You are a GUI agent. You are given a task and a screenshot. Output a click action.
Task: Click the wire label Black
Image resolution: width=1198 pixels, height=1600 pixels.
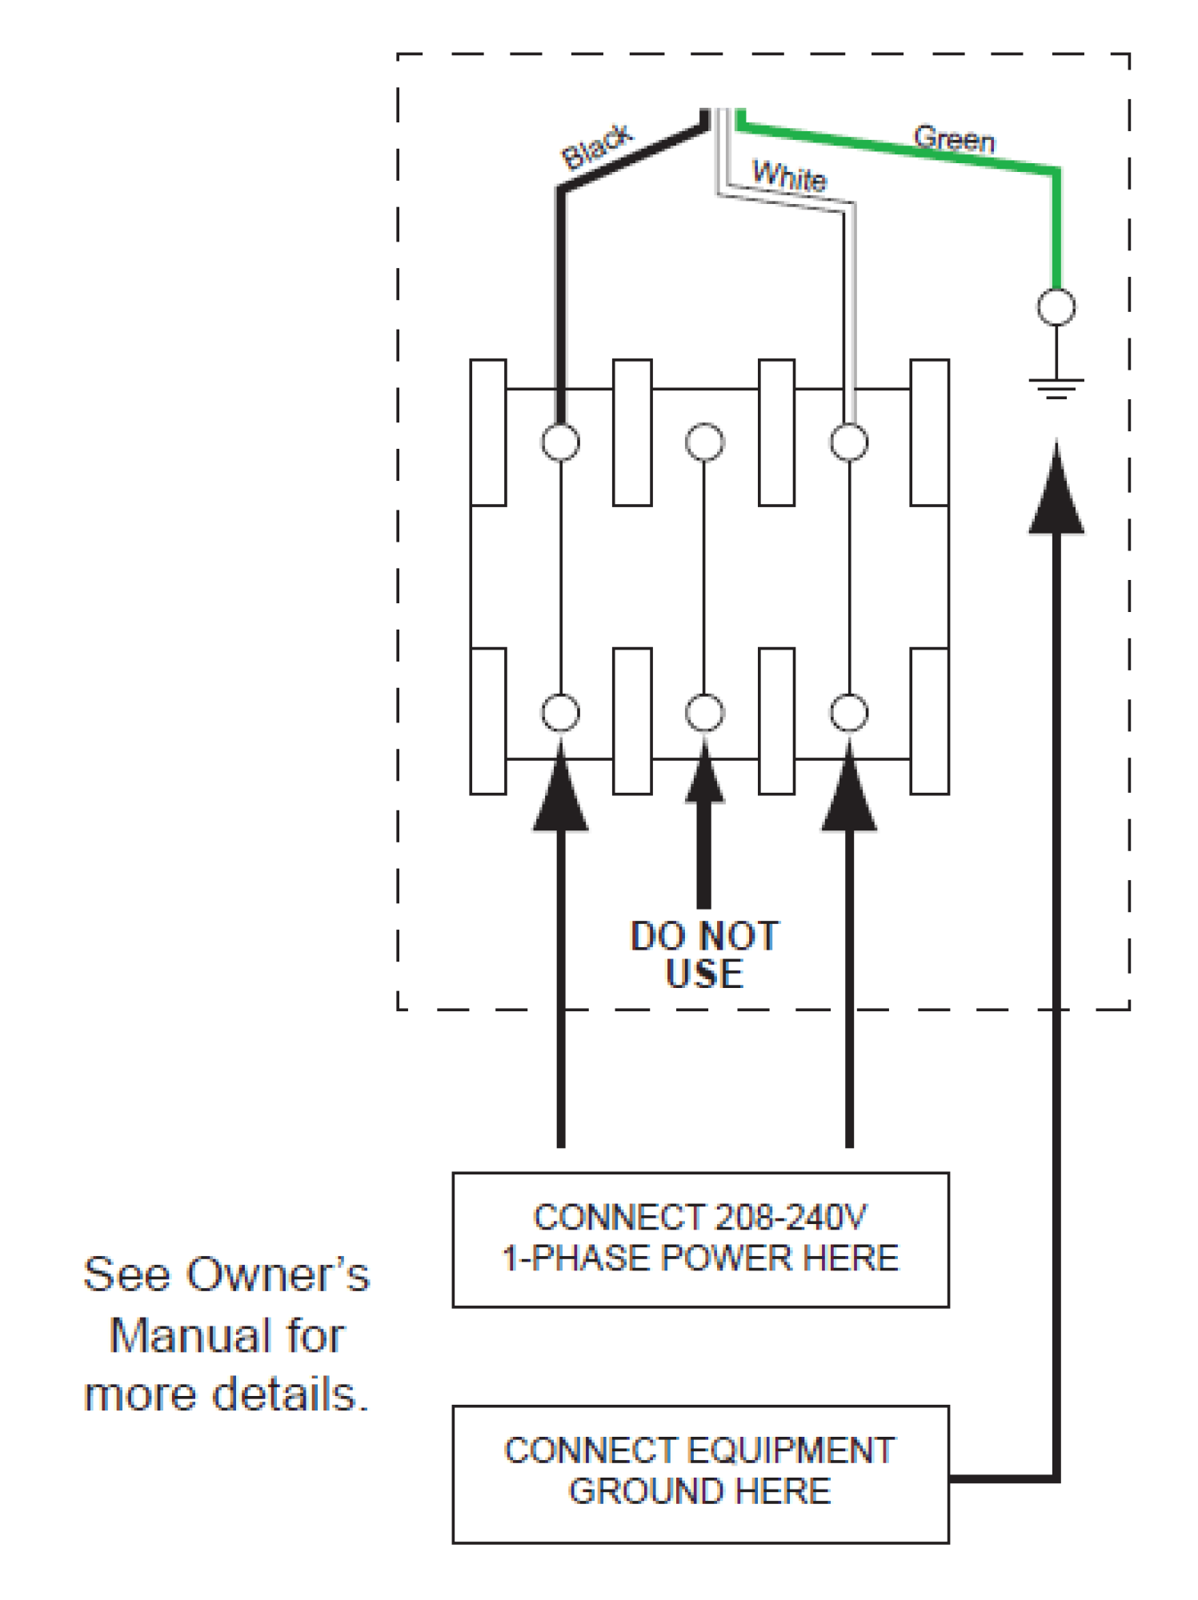point(597,146)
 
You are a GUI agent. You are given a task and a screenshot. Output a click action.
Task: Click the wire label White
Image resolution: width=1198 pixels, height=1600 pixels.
point(789,175)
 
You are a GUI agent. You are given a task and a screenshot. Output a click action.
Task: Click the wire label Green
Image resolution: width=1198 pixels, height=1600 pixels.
point(954,139)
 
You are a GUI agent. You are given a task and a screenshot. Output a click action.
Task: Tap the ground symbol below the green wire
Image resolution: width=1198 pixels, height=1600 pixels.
point(1056,388)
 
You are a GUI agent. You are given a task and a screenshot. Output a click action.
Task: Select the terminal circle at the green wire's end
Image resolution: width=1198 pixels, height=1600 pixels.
point(1056,307)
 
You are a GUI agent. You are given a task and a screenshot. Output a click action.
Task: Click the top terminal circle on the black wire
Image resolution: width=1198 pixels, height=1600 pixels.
point(560,442)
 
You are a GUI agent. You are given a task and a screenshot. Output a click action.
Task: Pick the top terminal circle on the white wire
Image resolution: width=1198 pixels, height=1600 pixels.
point(849,442)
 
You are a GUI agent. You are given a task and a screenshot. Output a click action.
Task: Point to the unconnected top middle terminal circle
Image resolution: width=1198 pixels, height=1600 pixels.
point(704,442)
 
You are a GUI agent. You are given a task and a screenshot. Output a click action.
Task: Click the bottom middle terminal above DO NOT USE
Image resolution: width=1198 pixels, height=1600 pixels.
point(704,713)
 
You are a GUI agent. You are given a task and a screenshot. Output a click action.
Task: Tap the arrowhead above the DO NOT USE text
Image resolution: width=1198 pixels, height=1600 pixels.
point(704,776)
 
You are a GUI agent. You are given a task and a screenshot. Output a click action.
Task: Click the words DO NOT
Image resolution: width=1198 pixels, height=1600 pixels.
point(704,936)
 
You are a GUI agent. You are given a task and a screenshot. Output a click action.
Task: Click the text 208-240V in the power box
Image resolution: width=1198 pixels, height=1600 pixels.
point(791,1218)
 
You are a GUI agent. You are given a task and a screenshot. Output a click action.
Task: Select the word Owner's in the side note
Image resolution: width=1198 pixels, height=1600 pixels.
point(278,1274)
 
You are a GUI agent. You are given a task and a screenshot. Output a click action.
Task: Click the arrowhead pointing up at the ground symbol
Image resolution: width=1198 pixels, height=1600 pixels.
point(1056,492)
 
